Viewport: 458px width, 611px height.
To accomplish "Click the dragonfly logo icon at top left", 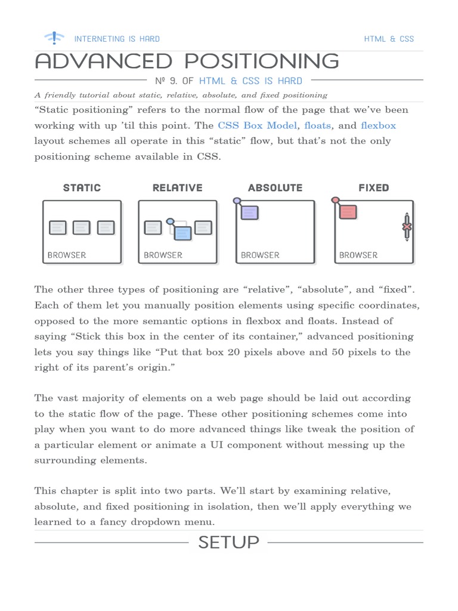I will coord(54,38).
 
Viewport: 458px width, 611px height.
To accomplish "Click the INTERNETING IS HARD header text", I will coord(117,39).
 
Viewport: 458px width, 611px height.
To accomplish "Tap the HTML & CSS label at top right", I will coord(389,39).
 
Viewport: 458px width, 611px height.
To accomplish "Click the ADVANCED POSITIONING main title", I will coord(187,61).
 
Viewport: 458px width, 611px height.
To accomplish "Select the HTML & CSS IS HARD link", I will coord(250,81).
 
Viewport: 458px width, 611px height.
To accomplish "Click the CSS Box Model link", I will coord(258,125).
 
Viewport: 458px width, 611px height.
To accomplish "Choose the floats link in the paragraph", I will coord(317,125).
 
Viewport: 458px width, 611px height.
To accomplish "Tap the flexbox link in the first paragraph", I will coord(378,125).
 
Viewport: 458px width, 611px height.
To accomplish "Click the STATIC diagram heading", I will coord(82,187).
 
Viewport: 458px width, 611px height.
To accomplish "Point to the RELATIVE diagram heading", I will coord(177,187).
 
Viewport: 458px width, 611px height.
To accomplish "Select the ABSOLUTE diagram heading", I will coord(275,187).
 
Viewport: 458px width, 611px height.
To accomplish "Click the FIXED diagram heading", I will coord(373,187).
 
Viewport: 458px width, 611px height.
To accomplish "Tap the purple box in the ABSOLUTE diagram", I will coord(249,212).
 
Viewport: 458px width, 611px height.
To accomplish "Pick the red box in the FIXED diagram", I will coord(348,212).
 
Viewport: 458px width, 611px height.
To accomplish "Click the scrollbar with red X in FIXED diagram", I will coord(407,227).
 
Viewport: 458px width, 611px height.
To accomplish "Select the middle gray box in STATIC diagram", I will coord(82,227).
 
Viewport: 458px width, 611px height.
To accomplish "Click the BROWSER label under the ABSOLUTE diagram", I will coord(260,255).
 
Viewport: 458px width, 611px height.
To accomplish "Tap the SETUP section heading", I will coord(228,542).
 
